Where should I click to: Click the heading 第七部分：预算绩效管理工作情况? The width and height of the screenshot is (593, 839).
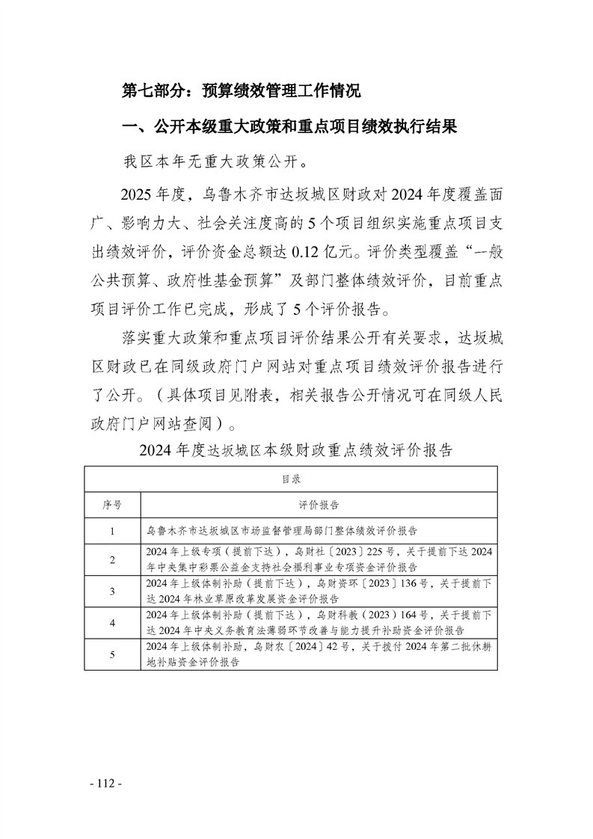(242, 92)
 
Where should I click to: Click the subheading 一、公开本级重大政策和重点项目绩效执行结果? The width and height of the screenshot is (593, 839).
(289, 126)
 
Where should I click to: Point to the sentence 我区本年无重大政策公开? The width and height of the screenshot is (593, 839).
(215, 162)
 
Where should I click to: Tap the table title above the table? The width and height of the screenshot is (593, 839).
(295, 450)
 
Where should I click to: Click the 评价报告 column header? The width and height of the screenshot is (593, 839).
(319, 505)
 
